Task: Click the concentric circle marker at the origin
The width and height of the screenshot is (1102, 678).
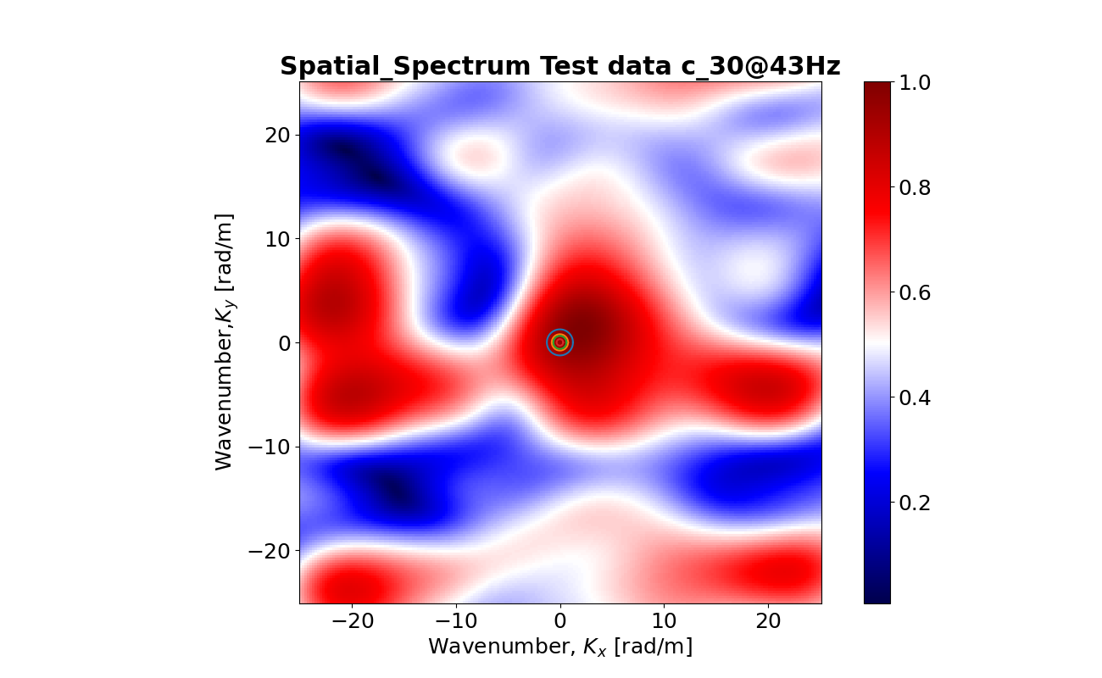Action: (559, 342)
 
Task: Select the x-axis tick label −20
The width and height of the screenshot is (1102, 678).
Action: (352, 620)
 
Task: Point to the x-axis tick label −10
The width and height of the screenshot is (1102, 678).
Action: (456, 620)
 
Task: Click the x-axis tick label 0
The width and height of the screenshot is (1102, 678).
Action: (559, 620)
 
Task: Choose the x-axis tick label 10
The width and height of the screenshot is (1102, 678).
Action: (664, 620)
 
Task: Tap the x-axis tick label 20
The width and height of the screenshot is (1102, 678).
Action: (768, 620)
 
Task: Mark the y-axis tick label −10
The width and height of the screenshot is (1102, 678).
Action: (269, 447)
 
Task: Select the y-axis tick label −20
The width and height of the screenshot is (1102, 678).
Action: (269, 551)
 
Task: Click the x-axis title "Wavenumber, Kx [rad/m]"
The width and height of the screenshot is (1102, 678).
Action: (559, 647)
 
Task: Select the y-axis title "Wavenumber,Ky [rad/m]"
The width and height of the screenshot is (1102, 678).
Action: (225, 342)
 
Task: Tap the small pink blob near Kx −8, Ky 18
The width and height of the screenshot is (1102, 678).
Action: (477, 154)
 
